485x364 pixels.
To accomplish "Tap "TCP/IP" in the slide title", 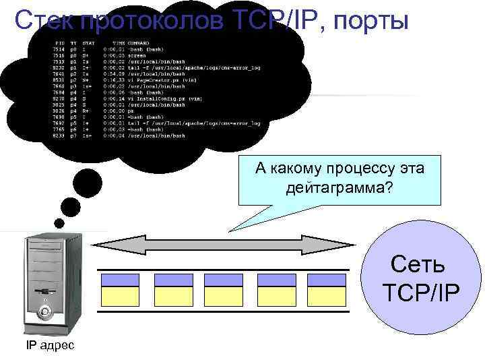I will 265,22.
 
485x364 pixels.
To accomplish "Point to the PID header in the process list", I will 59,43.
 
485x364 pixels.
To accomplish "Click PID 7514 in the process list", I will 59,49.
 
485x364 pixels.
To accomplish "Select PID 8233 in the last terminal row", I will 59,135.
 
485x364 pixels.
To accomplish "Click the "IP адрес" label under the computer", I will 51,346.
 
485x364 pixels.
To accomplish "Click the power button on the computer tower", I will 45,312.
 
